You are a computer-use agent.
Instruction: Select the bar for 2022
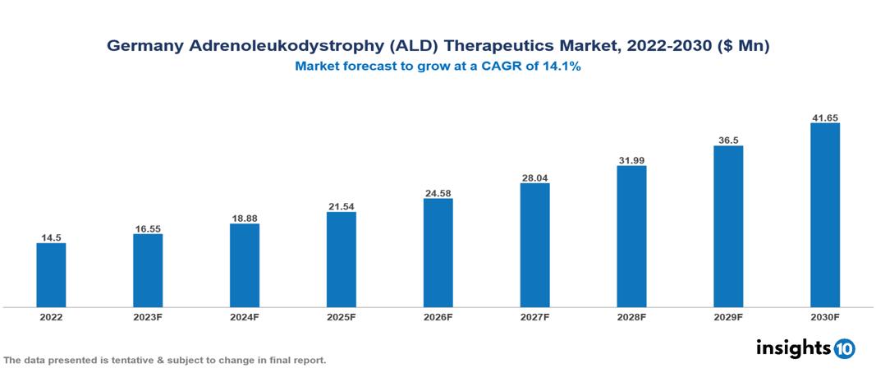pos(51,275)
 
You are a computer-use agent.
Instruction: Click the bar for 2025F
pos(341,260)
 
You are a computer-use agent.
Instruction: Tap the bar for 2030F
pos(824,215)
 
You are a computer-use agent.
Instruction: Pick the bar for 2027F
pos(534,245)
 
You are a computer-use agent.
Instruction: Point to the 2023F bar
pos(148,270)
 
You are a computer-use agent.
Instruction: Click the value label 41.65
pos(824,117)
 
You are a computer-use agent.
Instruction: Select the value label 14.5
pos(51,237)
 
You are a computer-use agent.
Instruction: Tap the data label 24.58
pos(438,193)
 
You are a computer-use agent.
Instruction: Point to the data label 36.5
pos(728,140)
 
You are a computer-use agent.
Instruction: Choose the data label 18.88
pos(245,218)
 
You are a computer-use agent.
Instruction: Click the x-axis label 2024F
pos(245,317)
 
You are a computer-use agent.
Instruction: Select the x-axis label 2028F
pos(631,317)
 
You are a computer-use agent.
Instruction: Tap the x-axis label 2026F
pos(438,317)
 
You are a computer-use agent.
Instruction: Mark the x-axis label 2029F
pos(728,317)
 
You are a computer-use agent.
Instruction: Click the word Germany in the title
pos(144,47)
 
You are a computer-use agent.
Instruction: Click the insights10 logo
pos(805,348)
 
